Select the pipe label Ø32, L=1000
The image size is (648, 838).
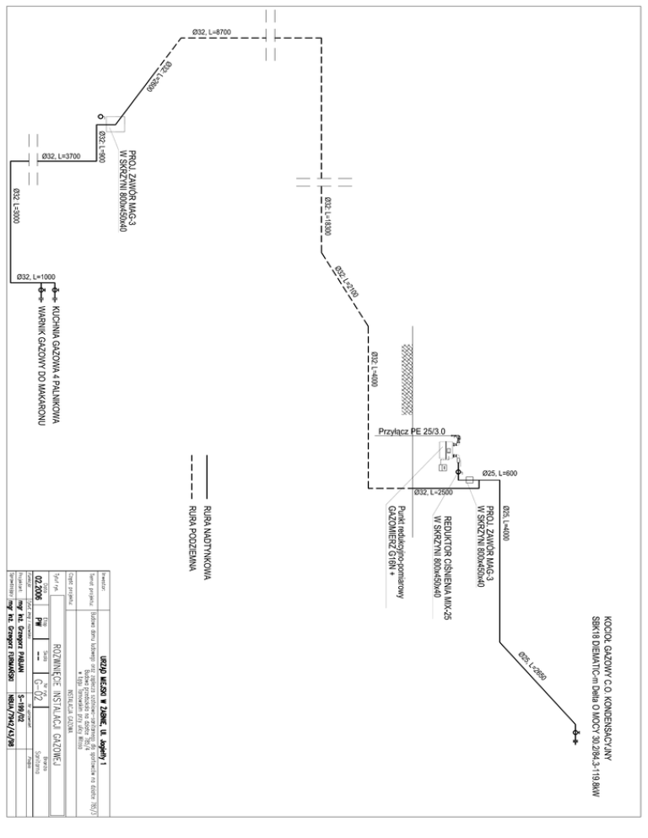pos(36,277)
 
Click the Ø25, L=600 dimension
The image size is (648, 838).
pos(499,473)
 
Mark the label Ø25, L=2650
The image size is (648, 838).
pos(533,665)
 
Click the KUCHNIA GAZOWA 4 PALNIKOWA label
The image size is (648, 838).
pos(56,358)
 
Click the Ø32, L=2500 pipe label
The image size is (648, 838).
pos(435,492)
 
